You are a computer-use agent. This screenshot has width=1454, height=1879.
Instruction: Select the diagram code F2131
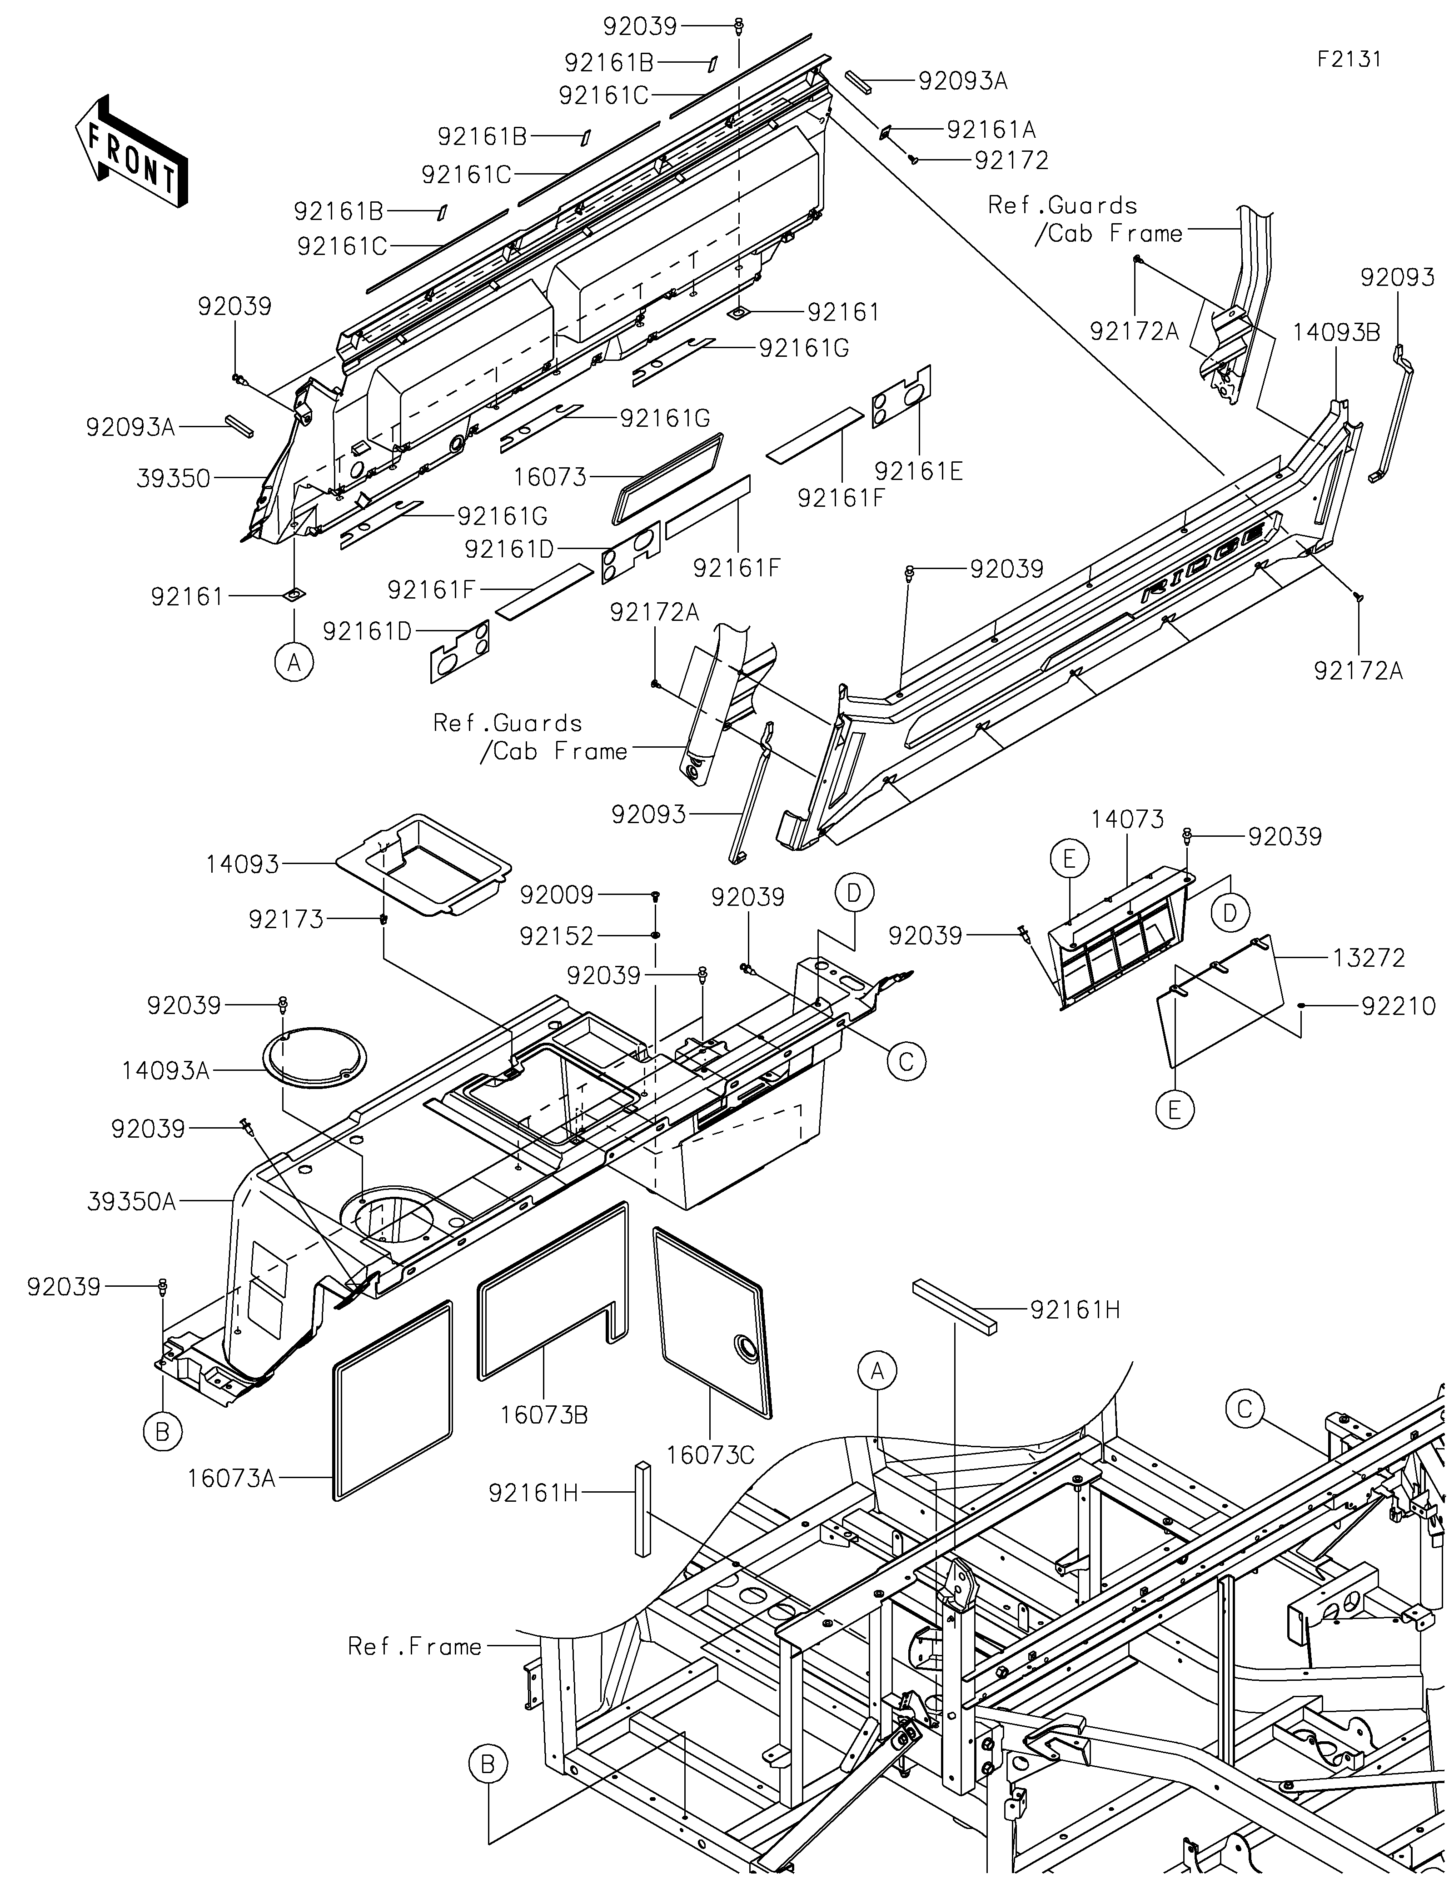tap(1349, 60)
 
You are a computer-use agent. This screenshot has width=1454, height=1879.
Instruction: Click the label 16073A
tap(231, 1478)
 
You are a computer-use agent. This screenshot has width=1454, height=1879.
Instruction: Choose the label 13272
tap(1369, 958)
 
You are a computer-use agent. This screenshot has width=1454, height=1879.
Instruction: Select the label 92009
tap(556, 895)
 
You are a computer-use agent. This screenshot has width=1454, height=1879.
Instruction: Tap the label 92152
tap(556, 936)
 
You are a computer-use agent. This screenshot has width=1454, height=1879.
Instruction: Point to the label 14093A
tap(166, 1070)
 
